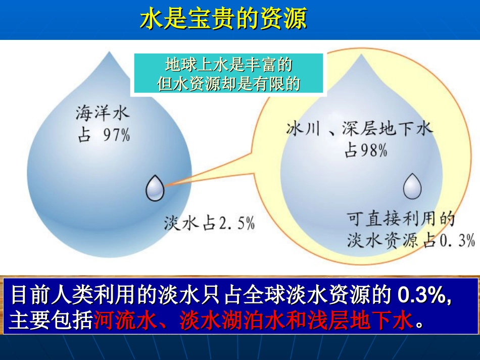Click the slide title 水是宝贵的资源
[223, 20]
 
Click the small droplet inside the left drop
[155, 188]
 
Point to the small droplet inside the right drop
[412, 186]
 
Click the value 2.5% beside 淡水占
[236, 223]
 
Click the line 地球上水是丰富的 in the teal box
[228, 65]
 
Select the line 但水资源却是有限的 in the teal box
[228, 83]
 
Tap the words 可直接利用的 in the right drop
[401, 219]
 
